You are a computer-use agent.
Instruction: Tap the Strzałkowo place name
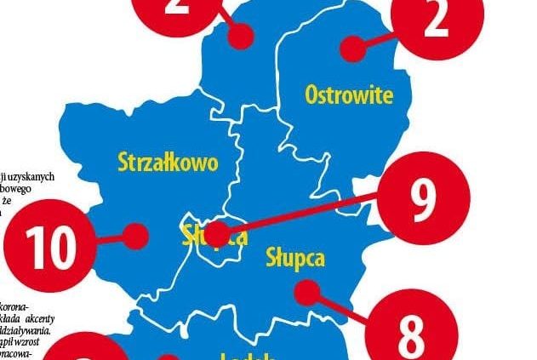click(168, 162)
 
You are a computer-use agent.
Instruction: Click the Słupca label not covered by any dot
click(295, 257)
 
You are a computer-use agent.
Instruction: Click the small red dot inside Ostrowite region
click(351, 49)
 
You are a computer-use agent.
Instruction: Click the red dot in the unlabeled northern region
click(244, 36)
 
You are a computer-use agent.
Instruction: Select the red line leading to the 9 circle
click(306, 213)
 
